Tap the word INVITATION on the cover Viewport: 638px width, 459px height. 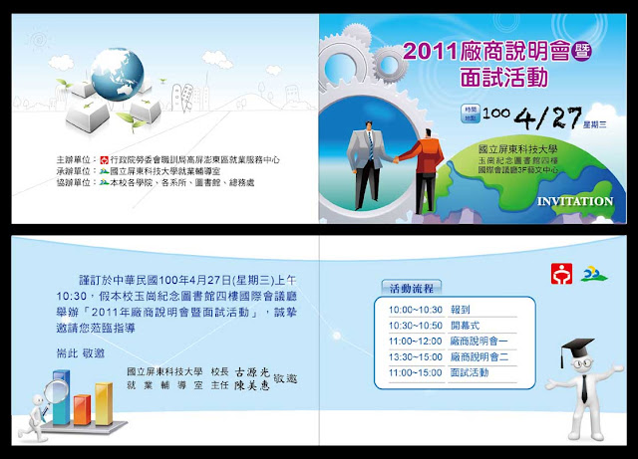tap(575, 201)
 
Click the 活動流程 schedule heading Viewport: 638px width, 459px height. tap(411, 289)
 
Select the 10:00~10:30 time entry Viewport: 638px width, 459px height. tap(415, 310)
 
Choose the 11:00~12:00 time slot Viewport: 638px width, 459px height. tap(415, 341)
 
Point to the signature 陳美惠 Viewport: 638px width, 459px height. tap(247, 384)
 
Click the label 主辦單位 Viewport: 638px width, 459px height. tap(77, 157)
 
